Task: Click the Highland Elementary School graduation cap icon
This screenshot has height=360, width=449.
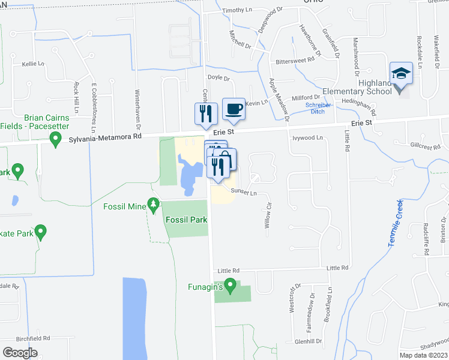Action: click(401, 74)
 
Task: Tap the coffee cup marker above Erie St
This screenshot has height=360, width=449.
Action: click(234, 110)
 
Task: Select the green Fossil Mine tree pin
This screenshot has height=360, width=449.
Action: click(154, 206)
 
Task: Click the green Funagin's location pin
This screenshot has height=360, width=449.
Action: click(228, 287)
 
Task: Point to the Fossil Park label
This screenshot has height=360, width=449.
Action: click(186, 220)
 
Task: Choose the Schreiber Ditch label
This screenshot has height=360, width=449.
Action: click(318, 109)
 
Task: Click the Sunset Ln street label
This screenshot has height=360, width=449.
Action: click(244, 193)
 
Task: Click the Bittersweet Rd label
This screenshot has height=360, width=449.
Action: click(295, 60)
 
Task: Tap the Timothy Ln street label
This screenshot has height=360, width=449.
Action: click(237, 11)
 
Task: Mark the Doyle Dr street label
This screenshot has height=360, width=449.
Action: click(218, 78)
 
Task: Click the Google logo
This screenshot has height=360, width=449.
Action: click(20, 353)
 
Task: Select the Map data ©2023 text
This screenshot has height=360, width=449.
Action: click(423, 355)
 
